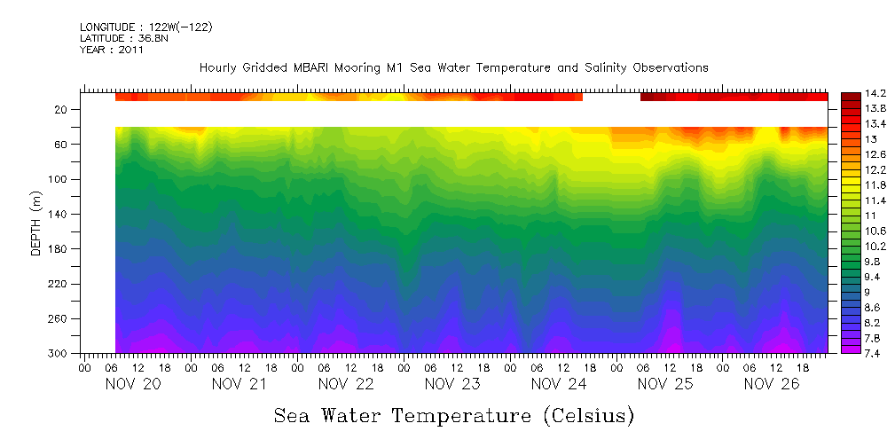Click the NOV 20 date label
tap(133, 384)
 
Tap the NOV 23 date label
tap(452, 384)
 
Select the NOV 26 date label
tap(772, 384)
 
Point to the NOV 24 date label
tap(559, 384)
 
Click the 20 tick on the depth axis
tap(62, 110)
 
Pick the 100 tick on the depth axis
tap(59, 179)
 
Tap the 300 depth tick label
tap(59, 353)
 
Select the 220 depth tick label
tap(59, 284)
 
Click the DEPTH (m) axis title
tap(36, 227)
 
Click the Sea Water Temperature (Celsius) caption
tap(453, 415)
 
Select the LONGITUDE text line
tap(146, 27)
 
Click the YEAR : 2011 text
tap(112, 50)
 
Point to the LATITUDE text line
tap(124, 38)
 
